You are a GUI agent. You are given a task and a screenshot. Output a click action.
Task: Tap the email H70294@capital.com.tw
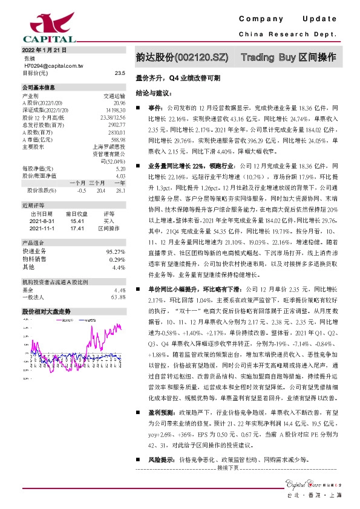(53, 65)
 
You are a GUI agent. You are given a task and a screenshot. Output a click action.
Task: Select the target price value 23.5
(119, 72)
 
